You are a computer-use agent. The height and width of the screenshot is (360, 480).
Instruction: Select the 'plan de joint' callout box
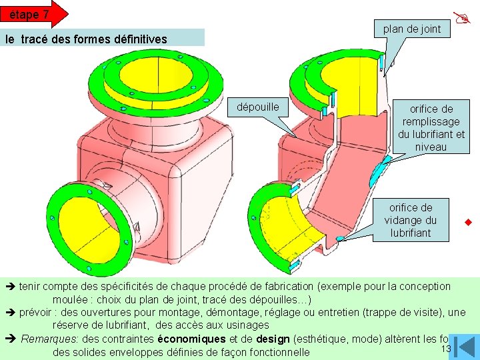point(411,29)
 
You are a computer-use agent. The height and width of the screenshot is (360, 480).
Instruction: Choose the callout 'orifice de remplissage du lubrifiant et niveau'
point(431,127)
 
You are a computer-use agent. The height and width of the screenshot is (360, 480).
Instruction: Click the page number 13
point(446,349)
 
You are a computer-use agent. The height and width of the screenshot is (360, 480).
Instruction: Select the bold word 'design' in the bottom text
point(273,339)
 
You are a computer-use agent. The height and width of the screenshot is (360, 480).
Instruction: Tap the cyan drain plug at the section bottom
point(339,238)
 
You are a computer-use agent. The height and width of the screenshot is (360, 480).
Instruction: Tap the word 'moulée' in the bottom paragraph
point(70,299)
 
